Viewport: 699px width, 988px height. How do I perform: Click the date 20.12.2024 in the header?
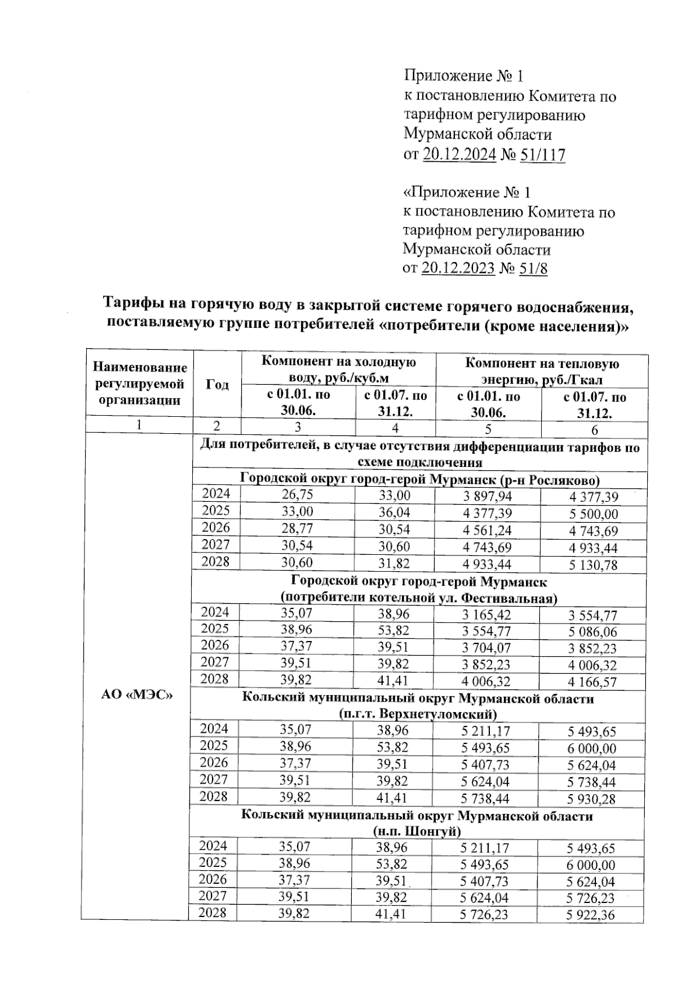(460, 154)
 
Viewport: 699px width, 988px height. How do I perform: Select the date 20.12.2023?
(458, 268)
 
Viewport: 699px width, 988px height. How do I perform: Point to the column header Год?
(217, 385)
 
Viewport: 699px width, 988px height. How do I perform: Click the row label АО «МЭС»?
(137, 695)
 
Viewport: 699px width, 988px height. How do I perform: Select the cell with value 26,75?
(297, 495)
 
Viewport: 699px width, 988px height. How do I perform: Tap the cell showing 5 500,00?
(594, 514)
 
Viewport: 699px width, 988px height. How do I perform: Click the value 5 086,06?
(594, 632)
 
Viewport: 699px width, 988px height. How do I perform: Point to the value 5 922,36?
(591, 915)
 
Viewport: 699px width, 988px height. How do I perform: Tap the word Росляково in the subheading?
(562, 479)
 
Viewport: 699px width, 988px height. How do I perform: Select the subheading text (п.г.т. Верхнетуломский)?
(418, 714)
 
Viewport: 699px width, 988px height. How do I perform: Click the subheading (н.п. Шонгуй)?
(417, 831)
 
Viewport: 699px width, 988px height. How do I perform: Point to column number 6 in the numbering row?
(595, 430)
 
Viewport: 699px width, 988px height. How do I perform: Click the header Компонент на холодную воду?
(338, 369)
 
